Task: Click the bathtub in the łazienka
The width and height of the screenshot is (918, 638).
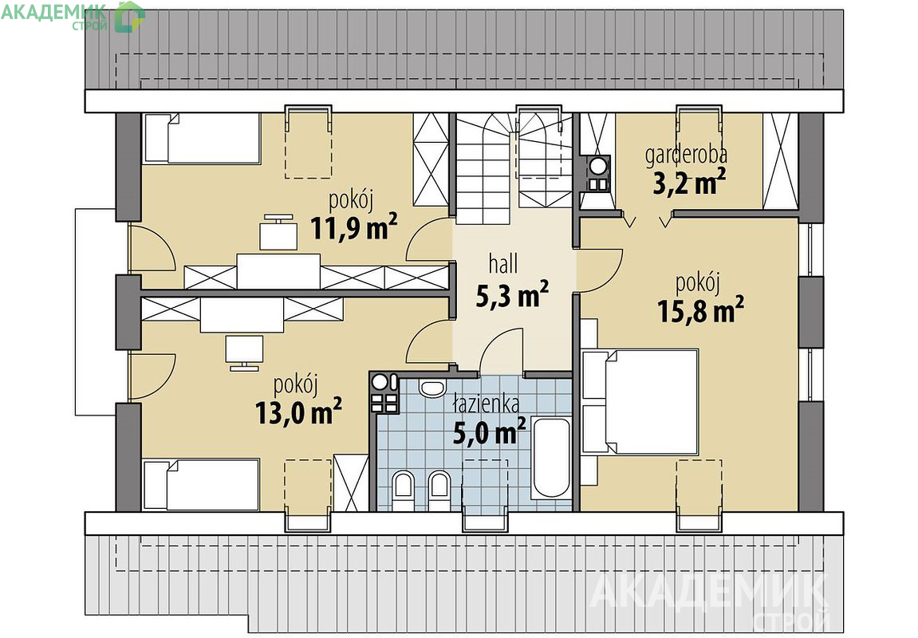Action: (x=550, y=458)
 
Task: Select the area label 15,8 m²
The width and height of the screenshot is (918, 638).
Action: (x=700, y=310)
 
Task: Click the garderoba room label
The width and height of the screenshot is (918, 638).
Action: (x=686, y=155)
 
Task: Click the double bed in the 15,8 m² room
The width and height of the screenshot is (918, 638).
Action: (x=640, y=401)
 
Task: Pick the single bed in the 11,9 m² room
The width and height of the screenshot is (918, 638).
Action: (x=202, y=137)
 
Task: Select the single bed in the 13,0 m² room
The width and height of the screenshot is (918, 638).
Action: (x=202, y=485)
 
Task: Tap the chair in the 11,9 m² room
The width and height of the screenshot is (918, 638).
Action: (x=278, y=232)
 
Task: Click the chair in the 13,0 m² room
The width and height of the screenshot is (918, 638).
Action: (x=244, y=352)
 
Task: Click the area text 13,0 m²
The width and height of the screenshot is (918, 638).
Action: (x=298, y=412)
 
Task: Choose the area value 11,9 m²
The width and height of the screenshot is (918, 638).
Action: (x=353, y=227)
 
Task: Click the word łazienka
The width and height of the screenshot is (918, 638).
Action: (x=486, y=404)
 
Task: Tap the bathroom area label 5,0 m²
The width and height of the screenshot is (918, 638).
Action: (x=490, y=431)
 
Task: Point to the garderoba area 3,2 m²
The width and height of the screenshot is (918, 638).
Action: (x=690, y=182)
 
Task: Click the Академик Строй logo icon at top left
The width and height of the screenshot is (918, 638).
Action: (x=129, y=16)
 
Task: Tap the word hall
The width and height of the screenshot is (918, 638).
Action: (x=503, y=264)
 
